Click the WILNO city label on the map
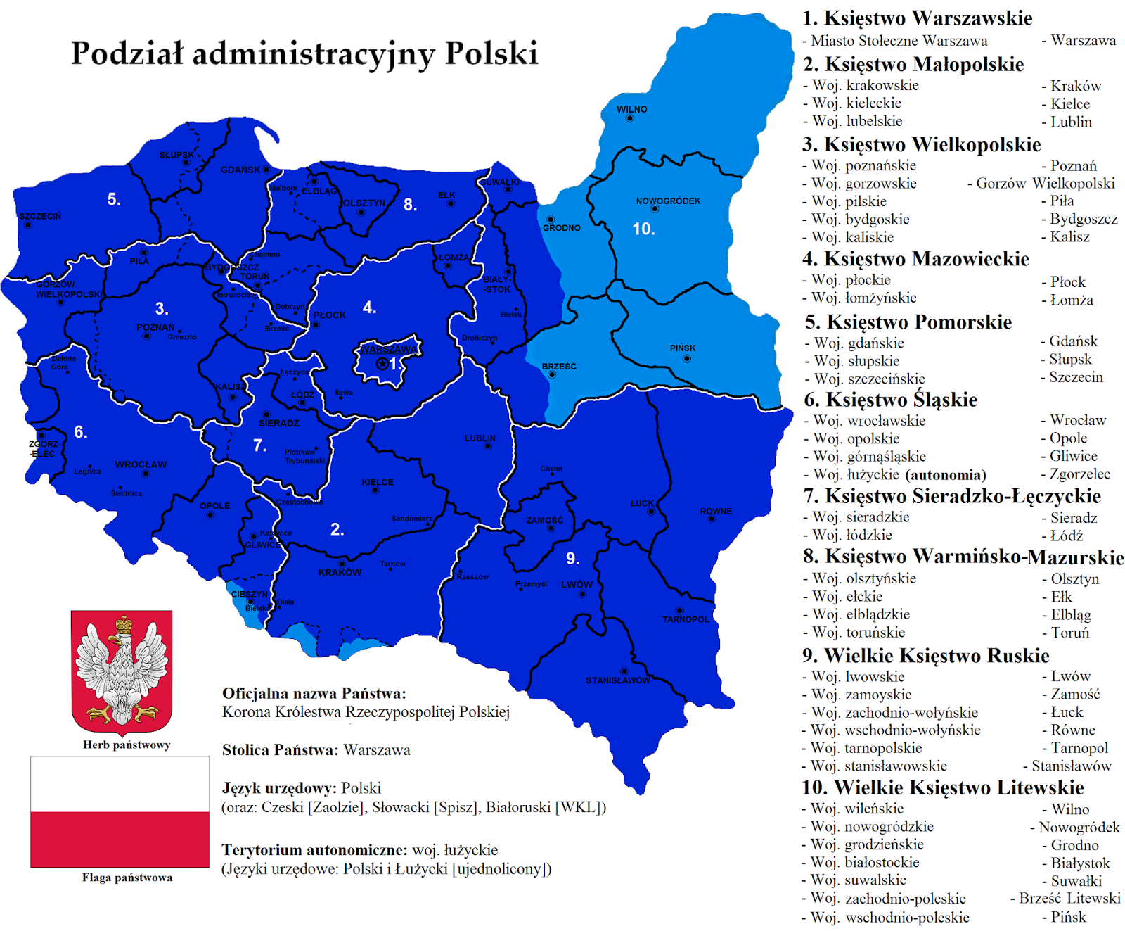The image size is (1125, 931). [631, 109]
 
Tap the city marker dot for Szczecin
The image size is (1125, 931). [27, 225]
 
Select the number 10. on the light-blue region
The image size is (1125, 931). [643, 229]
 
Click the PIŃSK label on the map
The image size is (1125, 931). [682, 348]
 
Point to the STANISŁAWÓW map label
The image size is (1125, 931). [617, 680]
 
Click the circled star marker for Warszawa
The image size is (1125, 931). [382, 364]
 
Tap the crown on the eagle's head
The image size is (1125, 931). [124, 624]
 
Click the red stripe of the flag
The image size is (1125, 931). [120, 839]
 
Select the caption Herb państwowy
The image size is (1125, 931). [127, 745]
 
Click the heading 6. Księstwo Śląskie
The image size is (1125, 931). [890, 400]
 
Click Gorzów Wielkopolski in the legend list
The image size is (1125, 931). [1045, 184]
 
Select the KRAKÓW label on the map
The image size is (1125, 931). [340, 573]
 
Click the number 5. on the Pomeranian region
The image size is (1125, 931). [114, 200]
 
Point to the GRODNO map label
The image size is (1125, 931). [561, 228]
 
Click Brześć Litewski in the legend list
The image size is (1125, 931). [1069, 899]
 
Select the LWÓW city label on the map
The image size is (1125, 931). [577, 585]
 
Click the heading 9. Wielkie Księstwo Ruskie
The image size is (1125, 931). [925, 656]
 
